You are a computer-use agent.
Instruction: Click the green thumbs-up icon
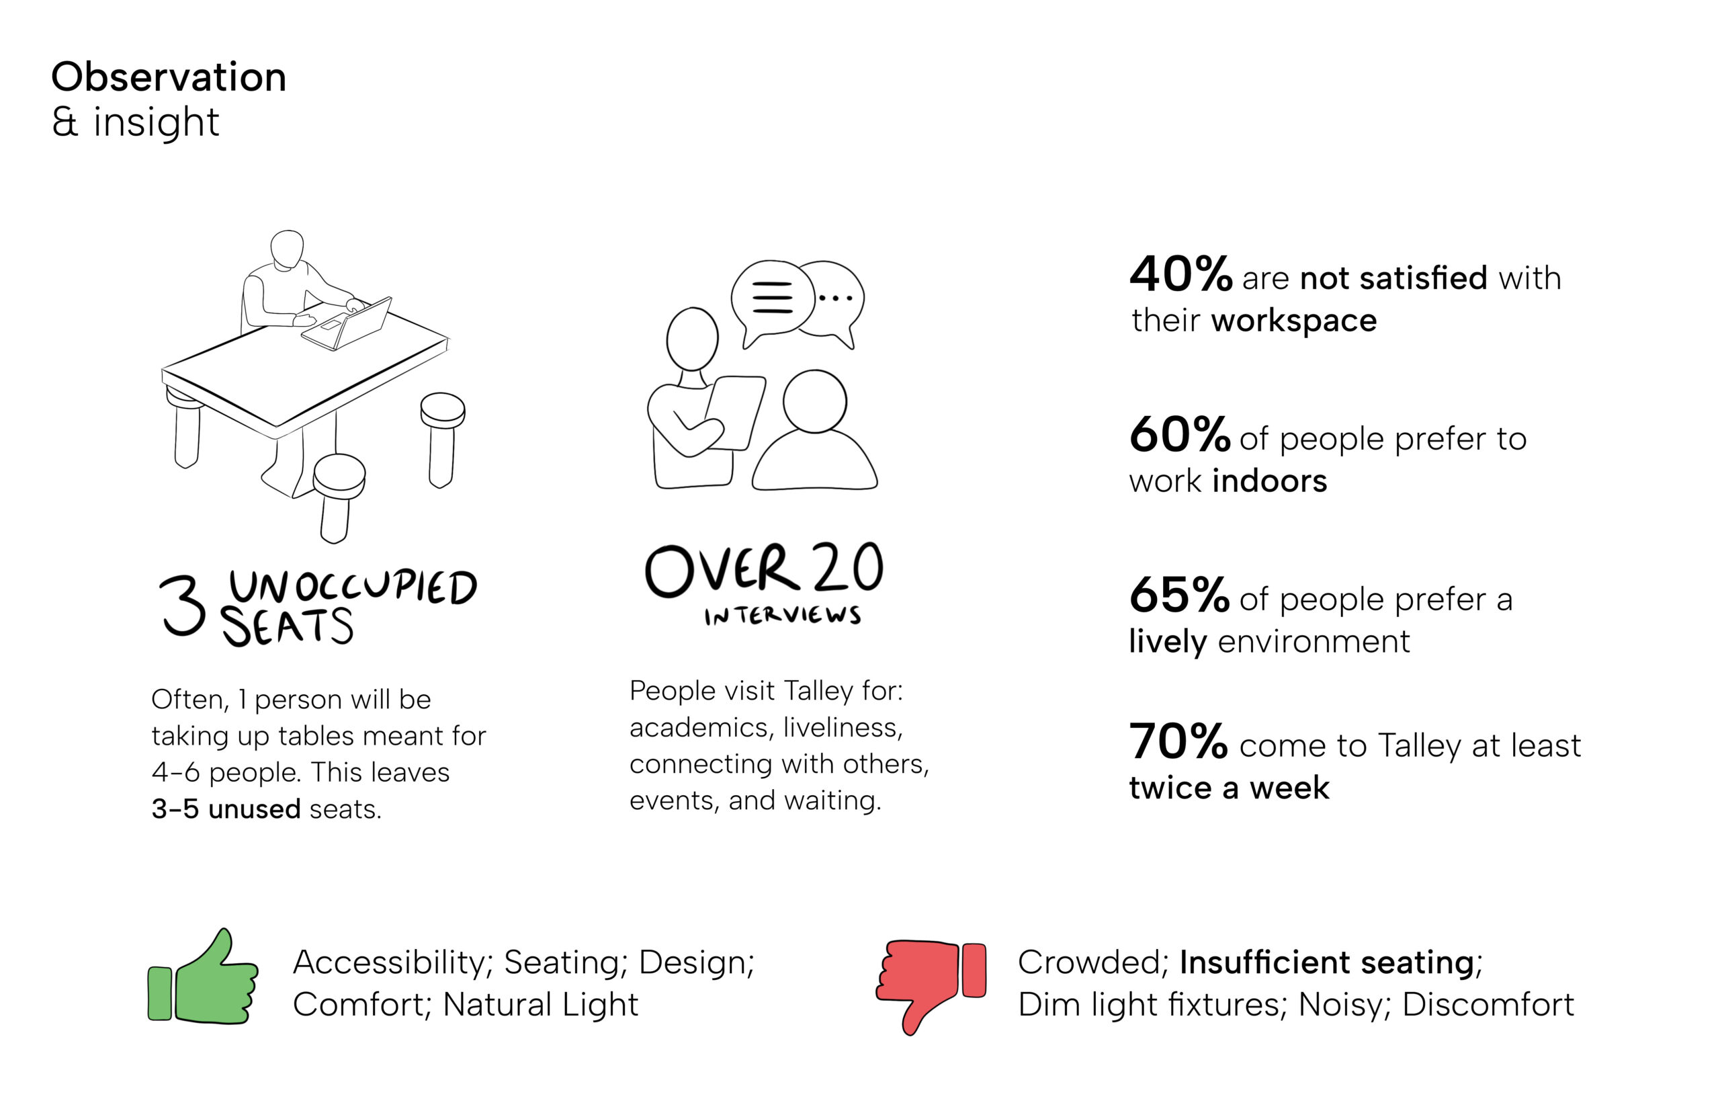pyautogui.click(x=202, y=977)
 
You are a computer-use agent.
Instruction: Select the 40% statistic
pyautogui.click(x=1180, y=275)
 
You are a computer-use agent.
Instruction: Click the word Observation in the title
pyautogui.click(x=169, y=77)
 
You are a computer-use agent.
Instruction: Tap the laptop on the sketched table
pyautogui.click(x=347, y=324)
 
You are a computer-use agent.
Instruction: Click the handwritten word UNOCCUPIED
pyautogui.click(x=353, y=587)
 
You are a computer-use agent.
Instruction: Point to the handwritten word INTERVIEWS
pyautogui.click(x=783, y=615)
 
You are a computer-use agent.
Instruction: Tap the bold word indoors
pyautogui.click(x=1269, y=481)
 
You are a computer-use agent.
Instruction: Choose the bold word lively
pyautogui.click(x=1167, y=642)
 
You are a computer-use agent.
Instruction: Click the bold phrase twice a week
pyautogui.click(x=1229, y=788)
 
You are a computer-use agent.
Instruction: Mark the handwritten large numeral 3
pyautogui.click(x=183, y=606)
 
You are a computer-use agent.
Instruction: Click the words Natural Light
pyautogui.click(x=540, y=1005)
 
